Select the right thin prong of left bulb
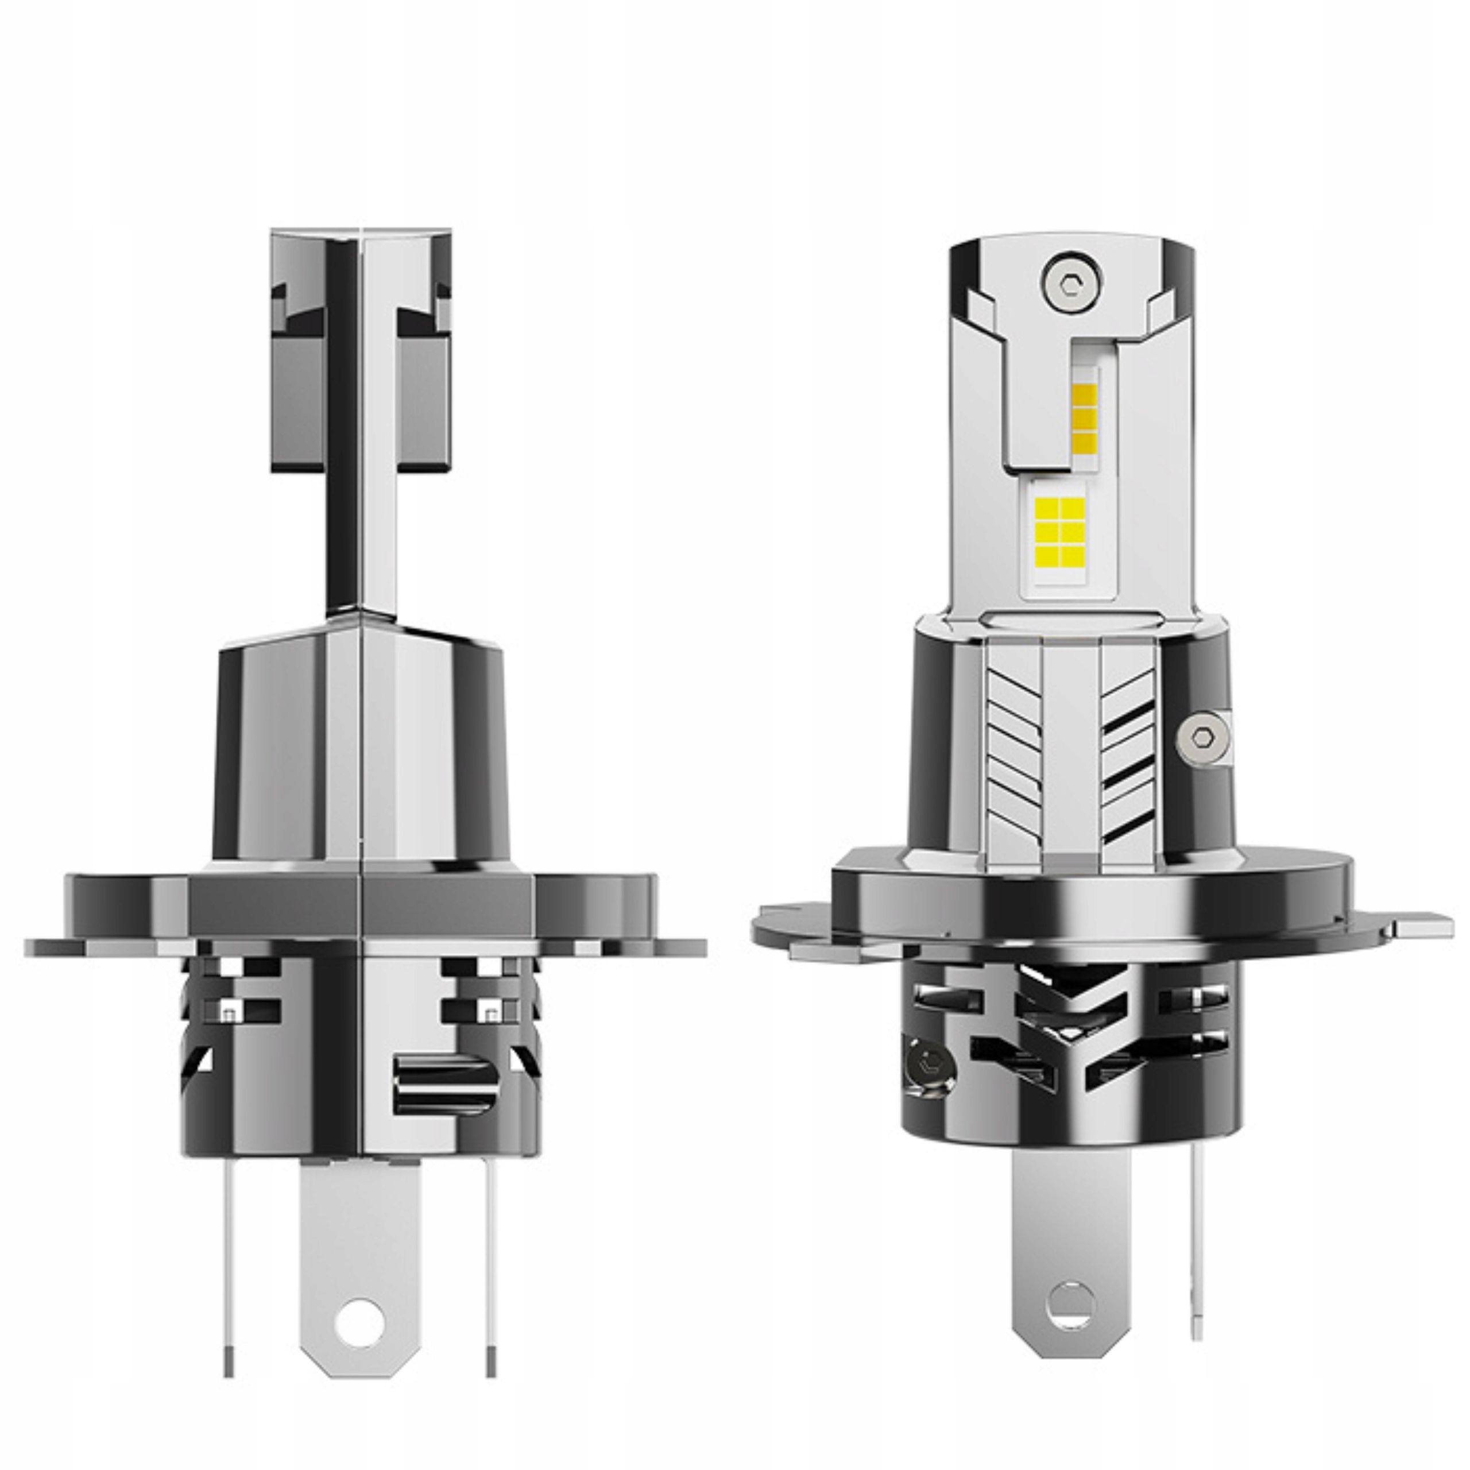487,1286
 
